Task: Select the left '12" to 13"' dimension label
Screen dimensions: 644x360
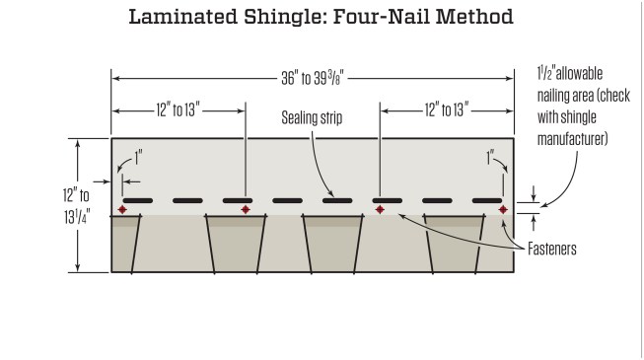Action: click(x=178, y=108)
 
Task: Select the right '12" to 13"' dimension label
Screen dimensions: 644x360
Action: click(x=445, y=108)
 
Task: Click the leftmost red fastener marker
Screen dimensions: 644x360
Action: click(x=122, y=210)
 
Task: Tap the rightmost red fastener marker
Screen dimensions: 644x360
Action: click(x=503, y=210)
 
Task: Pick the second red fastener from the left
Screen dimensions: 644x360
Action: click(x=246, y=210)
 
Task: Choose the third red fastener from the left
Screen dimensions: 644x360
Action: click(x=380, y=210)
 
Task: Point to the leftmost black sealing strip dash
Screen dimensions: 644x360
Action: click(x=137, y=200)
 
